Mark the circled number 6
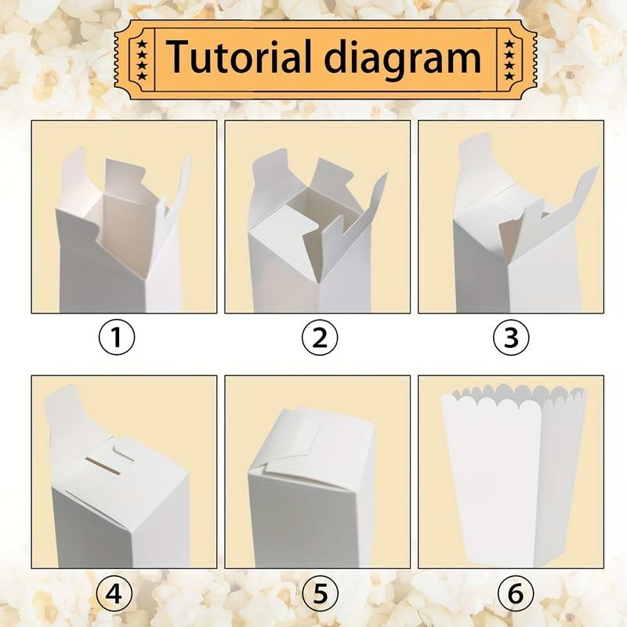pyautogui.click(x=514, y=593)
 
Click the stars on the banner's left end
pyautogui.click(x=142, y=56)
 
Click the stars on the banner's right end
pyautogui.click(x=509, y=56)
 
